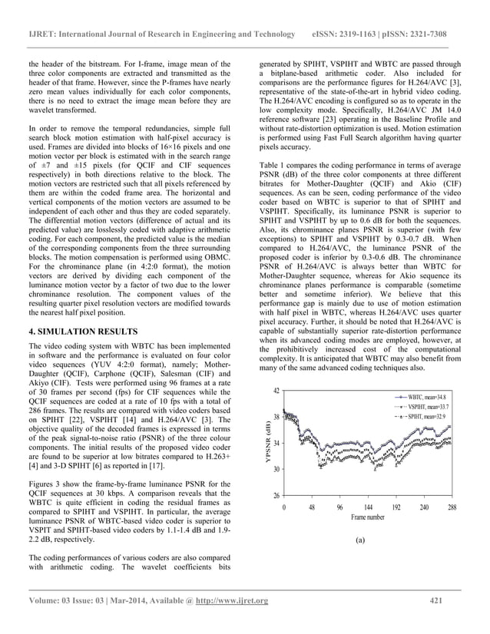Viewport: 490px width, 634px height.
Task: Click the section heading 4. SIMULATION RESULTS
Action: (x=82, y=352)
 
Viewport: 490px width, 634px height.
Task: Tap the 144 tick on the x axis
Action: (x=368, y=507)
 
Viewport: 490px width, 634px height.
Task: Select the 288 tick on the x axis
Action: (x=451, y=507)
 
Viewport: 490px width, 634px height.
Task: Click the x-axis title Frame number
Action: (x=368, y=518)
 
